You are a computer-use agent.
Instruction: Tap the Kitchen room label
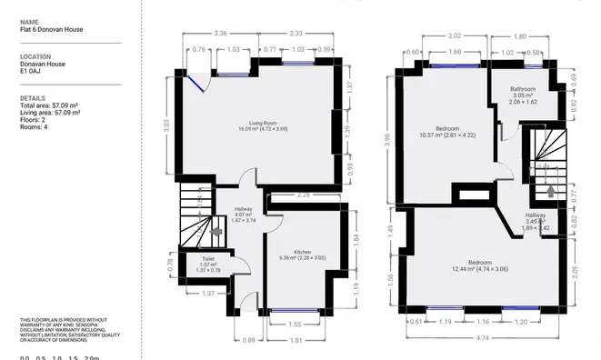(302, 252)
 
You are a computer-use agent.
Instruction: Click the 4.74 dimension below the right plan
(481, 339)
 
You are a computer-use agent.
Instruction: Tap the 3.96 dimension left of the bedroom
(386, 140)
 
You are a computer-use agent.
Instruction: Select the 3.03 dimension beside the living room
(167, 124)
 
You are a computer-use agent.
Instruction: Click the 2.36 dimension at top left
(220, 33)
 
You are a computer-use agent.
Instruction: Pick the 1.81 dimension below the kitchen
(295, 340)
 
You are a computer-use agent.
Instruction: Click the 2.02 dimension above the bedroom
(455, 35)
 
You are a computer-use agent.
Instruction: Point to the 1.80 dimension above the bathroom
(520, 35)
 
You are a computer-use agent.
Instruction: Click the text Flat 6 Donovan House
(51, 29)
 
